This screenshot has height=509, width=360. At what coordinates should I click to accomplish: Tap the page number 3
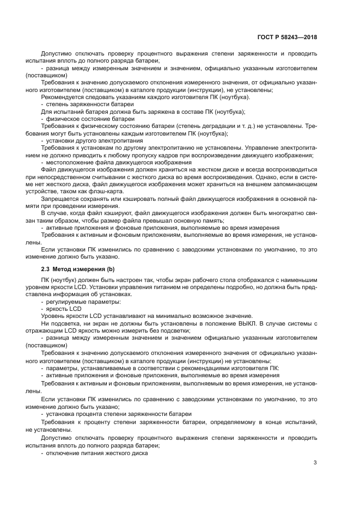pyautogui.click(x=315, y=463)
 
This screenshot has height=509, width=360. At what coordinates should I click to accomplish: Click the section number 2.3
pyautogui.click(x=46, y=269)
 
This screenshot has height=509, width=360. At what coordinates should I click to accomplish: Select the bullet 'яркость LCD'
pyautogui.click(x=64, y=308)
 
